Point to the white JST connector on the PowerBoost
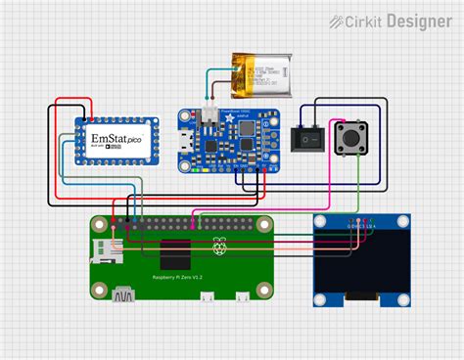209,116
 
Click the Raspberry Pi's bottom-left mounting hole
98,290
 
